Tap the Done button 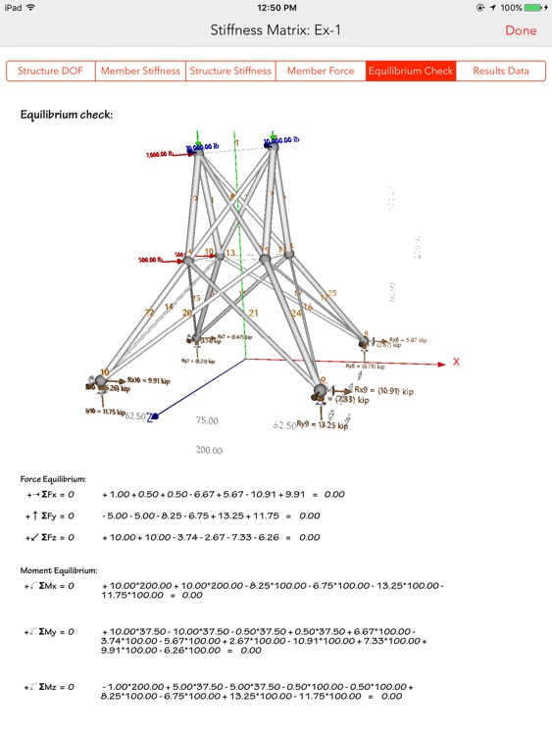point(521,30)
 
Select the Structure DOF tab point(51,71)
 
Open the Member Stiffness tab point(141,71)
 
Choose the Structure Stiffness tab point(230,71)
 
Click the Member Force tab point(320,71)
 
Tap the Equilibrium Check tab point(410,71)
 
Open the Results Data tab point(500,71)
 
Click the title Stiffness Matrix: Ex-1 point(276,30)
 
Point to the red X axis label point(456,362)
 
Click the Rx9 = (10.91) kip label point(378,389)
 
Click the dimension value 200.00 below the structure point(209,450)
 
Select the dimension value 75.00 point(207,420)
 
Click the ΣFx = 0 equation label point(50,495)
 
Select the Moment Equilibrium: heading point(59,569)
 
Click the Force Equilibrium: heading point(53,479)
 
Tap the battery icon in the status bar point(535,7)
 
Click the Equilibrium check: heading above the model point(67,115)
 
